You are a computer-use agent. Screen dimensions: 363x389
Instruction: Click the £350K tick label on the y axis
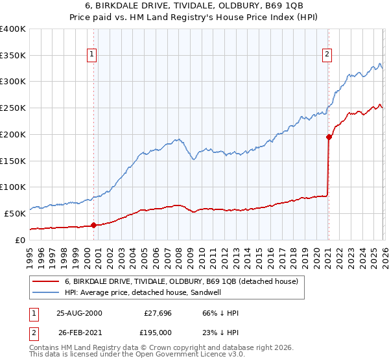[13, 56]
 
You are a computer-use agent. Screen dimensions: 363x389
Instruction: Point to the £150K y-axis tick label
[13, 161]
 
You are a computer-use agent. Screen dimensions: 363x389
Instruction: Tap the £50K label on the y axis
[16, 213]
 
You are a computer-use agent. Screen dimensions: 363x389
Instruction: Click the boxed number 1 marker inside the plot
[93, 55]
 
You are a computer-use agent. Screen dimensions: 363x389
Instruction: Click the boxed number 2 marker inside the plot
[328, 55]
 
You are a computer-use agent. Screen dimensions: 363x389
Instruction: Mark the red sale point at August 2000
[94, 225]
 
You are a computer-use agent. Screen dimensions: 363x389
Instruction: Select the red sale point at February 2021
[329, 137]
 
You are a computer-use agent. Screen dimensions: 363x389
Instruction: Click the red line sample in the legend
[46, 281]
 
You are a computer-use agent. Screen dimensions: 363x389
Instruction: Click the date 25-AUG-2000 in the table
[79, 313]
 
